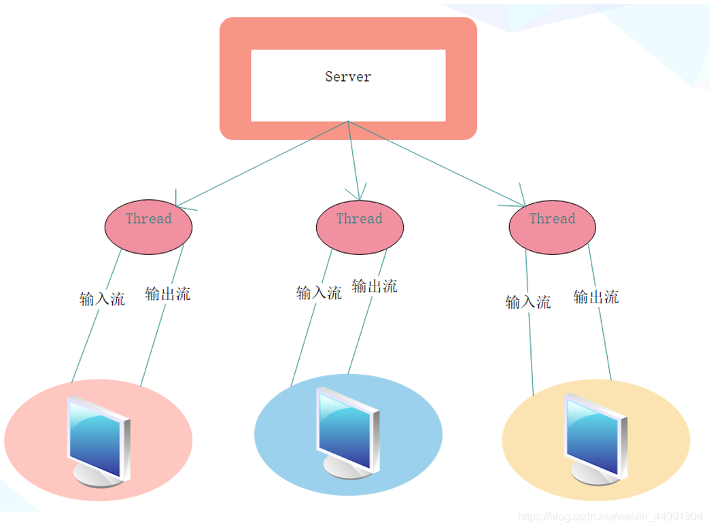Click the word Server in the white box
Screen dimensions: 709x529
(348, 76)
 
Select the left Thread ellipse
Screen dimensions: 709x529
(148, 227)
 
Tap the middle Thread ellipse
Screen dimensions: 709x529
(360, 227)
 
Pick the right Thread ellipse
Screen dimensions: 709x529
(552, 227)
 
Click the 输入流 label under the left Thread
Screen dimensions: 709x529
(102, 299)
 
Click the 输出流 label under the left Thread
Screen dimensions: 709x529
(168, 294)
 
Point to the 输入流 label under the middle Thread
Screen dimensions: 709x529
(319, 292)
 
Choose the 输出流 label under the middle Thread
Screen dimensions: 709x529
(375, 286)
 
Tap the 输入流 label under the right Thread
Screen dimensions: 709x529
(528, 302)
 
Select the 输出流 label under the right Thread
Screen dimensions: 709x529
(596, 297)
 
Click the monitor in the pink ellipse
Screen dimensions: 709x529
(99, 441)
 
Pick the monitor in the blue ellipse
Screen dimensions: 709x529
(348, 432)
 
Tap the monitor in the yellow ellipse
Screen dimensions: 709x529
(596, 439)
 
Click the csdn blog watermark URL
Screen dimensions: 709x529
(610, 516)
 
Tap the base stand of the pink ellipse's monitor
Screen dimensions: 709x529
(97, 477)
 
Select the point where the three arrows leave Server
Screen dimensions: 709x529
(348, 121)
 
